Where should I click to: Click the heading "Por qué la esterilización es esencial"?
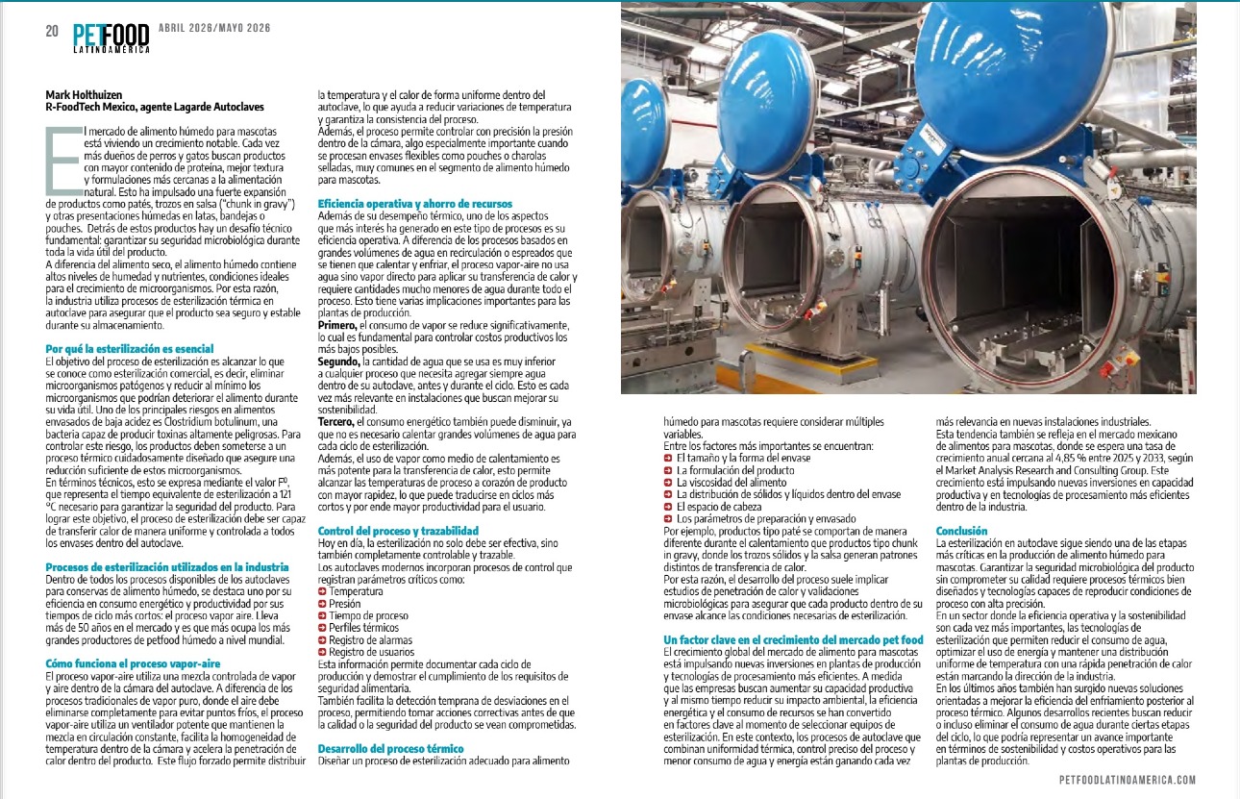pos(129,348)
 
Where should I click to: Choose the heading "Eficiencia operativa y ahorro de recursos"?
pos(415,204)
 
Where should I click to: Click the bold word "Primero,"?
pos(336,326)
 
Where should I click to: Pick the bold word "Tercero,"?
pos(335,422)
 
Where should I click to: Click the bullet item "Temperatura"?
pos(353,592)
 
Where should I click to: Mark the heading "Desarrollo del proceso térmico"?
pos(390,748)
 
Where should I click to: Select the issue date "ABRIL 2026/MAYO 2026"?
pos(214,28)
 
